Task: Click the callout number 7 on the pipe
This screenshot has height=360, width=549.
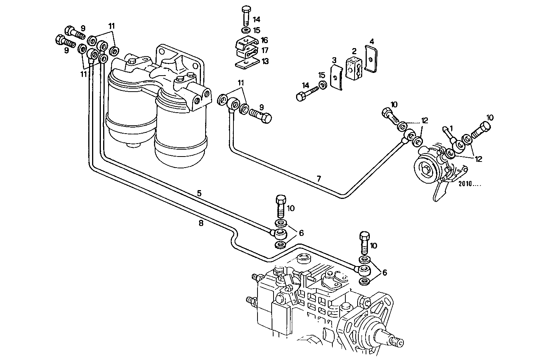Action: coord(319,178)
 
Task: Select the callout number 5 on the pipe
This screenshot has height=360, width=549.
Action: coord(199,193)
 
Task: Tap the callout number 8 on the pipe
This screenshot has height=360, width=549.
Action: coord(201,224)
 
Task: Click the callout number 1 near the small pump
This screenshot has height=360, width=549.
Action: coord(451,128)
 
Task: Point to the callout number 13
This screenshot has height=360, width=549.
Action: coord(265,61)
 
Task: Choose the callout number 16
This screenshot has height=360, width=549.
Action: coord(265,40)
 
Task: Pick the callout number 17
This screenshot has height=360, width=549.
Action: coord(265,50)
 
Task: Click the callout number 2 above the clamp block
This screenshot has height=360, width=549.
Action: coord(354,51)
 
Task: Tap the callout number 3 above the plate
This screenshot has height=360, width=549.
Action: coord(334,60)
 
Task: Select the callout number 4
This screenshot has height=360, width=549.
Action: coord(371,41)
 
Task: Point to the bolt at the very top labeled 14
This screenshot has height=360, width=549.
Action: coord(246,15)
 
